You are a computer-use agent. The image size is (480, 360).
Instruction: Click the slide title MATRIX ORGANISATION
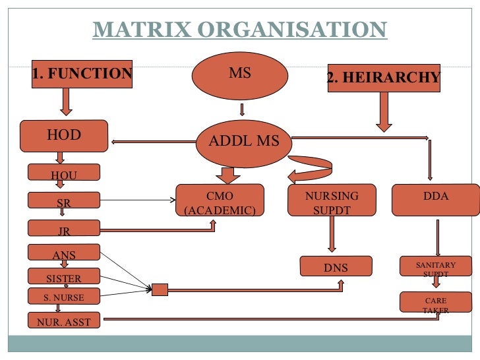coord(239,30)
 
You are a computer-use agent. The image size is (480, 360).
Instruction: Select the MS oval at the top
coord(240,75)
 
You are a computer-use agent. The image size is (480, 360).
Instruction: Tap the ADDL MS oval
coord(243,141)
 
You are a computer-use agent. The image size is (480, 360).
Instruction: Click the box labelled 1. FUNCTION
coord(82,75)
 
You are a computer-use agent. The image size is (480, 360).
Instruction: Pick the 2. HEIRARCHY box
coord(384,78)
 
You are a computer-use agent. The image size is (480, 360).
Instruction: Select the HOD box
coord(64,136)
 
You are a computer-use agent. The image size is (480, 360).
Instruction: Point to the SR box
coord(64,200)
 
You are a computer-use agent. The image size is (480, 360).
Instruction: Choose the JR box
coord(64,229)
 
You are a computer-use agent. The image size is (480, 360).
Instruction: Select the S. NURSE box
coord(64,297)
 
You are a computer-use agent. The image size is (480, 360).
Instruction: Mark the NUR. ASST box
coord(64,321)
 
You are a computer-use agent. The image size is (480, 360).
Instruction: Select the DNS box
coord(336,266)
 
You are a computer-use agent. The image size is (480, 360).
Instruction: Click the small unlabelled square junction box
coord(160,289)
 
